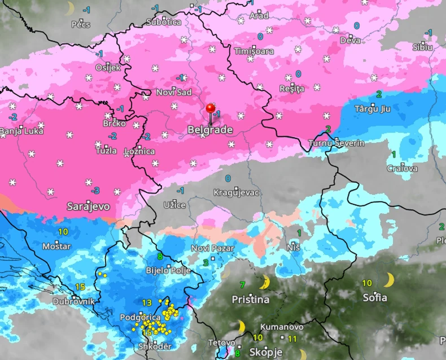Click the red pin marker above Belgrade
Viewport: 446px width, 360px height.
[x=211, y=108]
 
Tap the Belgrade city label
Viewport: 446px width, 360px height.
[x=210, y=130]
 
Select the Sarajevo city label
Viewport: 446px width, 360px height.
[x=88, y=206]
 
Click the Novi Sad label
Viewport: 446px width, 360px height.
[x=174, y=93]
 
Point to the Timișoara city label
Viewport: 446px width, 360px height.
[x=254, y=51]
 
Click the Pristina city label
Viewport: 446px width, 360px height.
[x=251, y=300]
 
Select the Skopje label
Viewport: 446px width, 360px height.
[x=266, y=352]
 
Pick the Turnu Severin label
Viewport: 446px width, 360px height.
[x=336, y=143]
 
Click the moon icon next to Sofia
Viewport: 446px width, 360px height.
[x=389, y=280]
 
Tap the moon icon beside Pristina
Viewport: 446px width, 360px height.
[x=264, y=283]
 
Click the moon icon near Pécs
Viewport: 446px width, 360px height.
[x=70, y=8]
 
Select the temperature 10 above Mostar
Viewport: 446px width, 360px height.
[x=63, y=231]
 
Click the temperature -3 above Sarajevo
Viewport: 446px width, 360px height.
[x=97, y=190]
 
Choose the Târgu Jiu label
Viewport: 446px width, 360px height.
[x=373, y=108]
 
